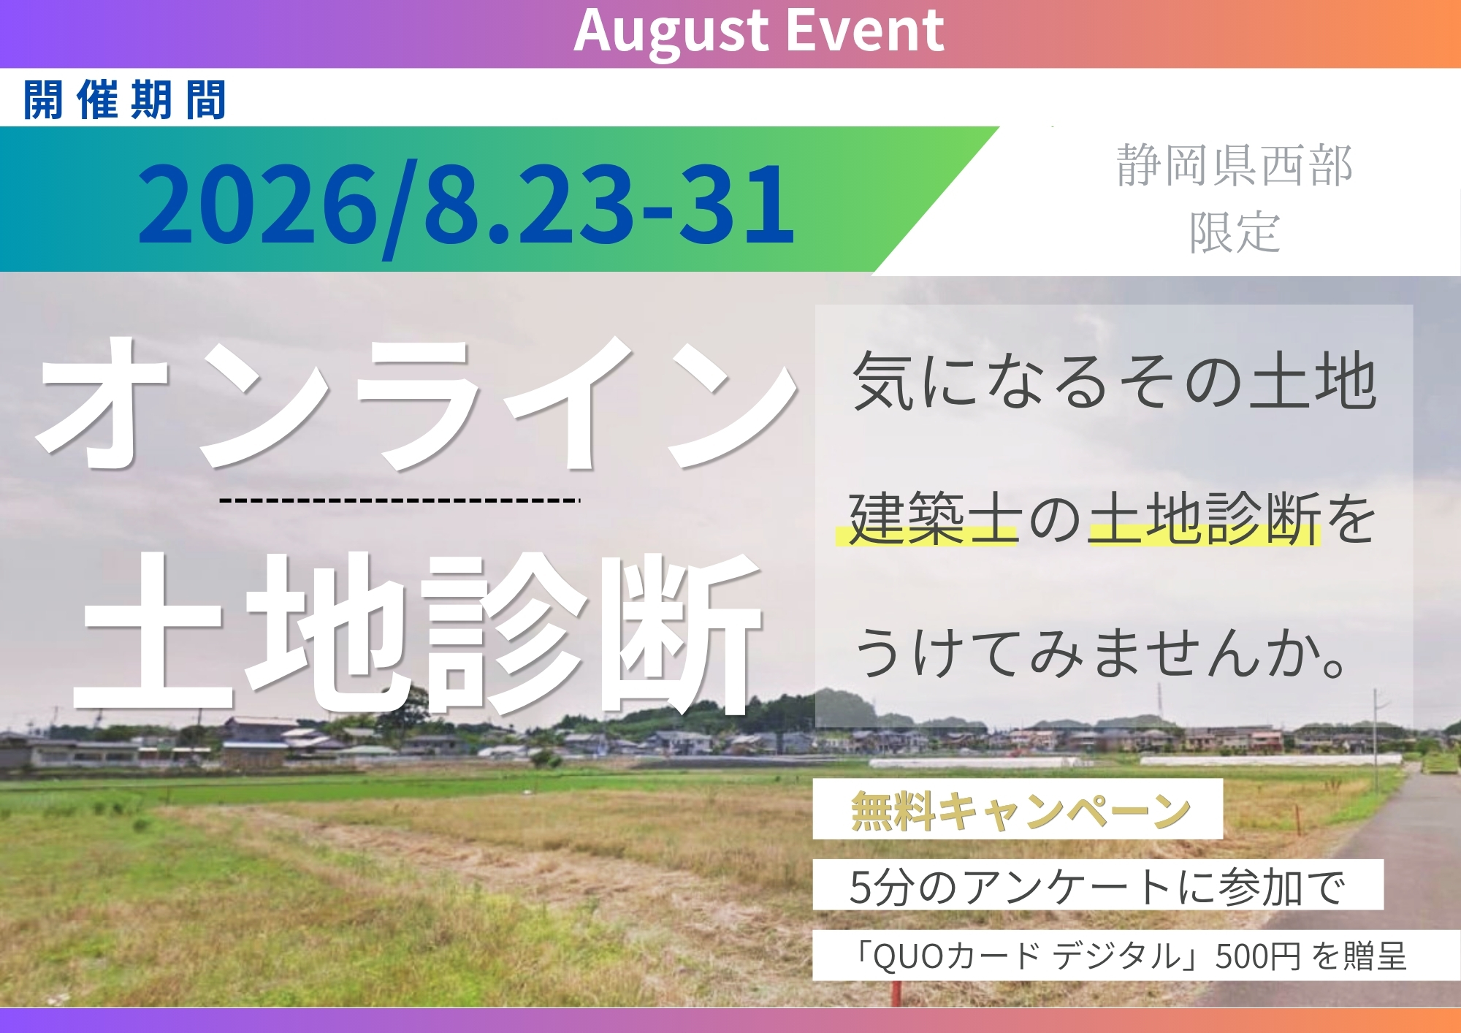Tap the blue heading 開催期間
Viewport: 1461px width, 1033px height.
coord(125,100)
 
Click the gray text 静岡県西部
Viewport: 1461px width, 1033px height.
coord(1235,166)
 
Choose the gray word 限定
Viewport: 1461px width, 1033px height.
coord(1235,232)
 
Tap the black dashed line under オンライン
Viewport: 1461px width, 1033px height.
coord(400,500)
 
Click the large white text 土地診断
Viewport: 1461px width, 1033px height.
coord(418,633)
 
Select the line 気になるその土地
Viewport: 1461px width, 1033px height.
coord(1115,381)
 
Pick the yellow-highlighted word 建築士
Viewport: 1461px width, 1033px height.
coord(933,518)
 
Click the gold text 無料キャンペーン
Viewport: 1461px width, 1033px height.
coord(1021,811)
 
